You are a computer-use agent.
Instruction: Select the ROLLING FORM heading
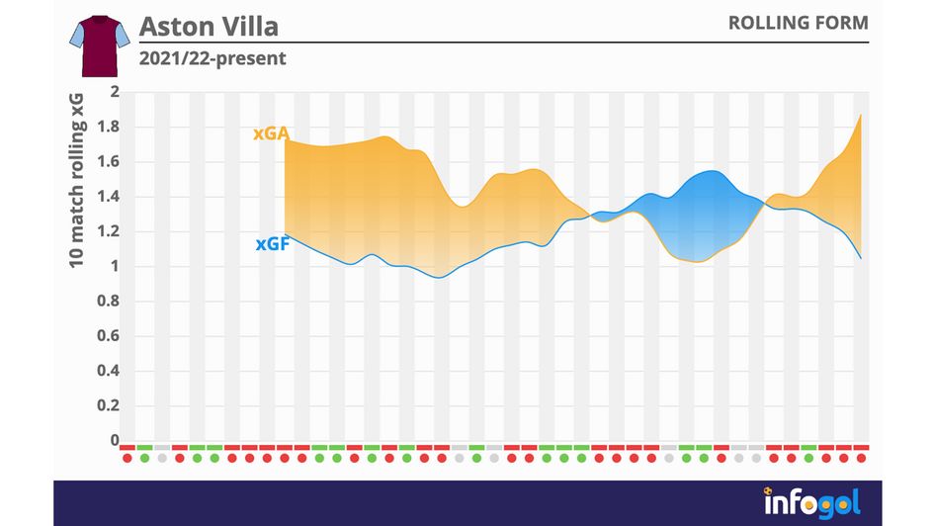click(798, 23)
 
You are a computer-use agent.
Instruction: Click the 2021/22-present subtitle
click(212, 58)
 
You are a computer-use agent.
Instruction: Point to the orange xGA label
click(270, 133)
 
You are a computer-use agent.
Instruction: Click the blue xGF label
click(272, 244)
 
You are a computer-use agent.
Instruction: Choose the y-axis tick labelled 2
click(114, 92)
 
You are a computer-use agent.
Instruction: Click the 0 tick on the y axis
click(114, 440)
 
